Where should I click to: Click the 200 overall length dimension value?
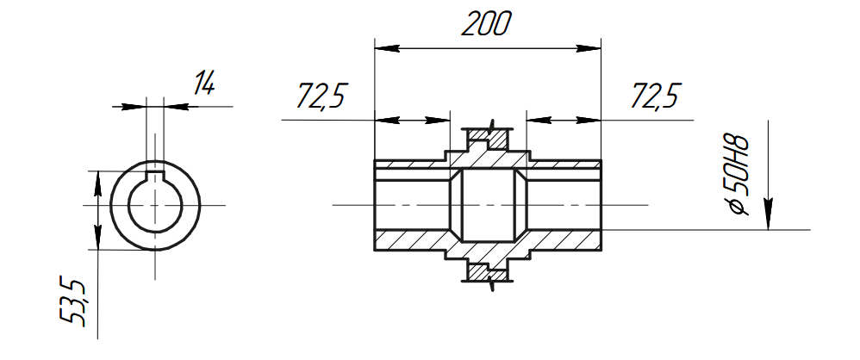tap(486, 24)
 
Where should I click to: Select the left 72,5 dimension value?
tap(321, 96)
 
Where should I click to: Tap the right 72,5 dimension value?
tap(655, 96)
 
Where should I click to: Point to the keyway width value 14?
tap(203, 84)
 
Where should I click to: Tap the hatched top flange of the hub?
tap(488, 137)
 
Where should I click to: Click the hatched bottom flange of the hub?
tap(488, 272)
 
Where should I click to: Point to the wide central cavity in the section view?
tap(488, 205)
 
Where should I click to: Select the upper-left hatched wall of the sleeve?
tap(409, 164)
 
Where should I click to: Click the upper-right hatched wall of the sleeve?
tap(564, 164)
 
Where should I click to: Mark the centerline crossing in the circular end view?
tap(154, 205)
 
